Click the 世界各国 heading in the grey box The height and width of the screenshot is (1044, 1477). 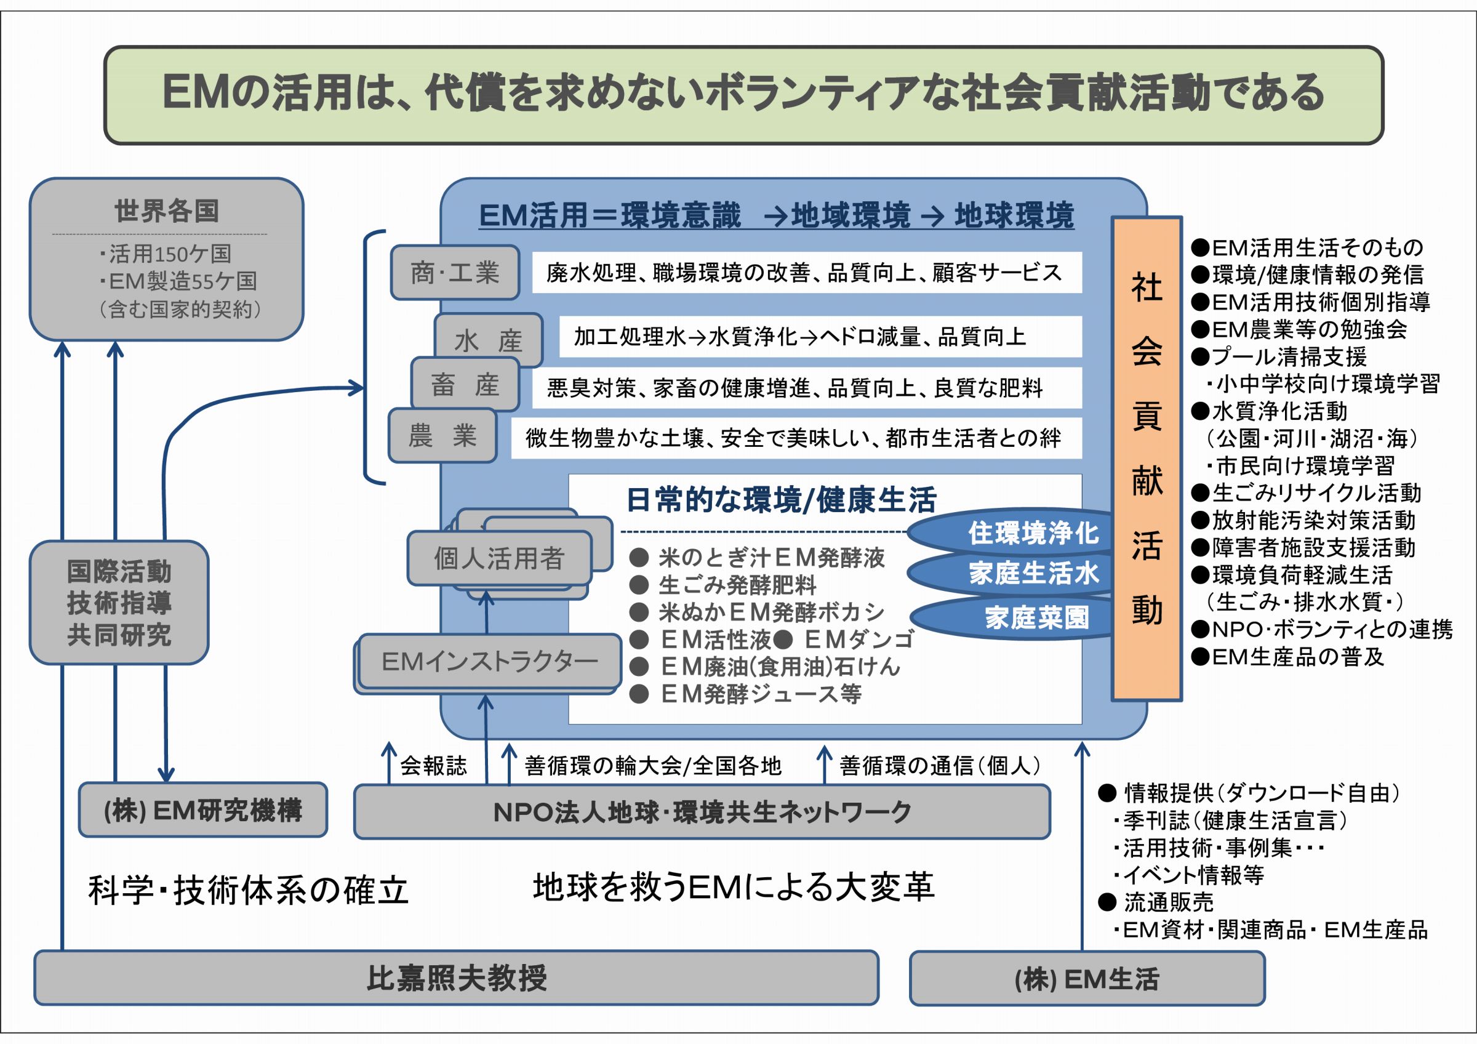[x=167, y=211]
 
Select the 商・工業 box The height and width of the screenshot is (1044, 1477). [x=455, y=273]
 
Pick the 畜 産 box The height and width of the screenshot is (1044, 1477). [x=465, y=385]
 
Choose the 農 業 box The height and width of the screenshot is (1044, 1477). [x=442, y=436]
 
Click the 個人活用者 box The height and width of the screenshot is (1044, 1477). [x=498, y=558]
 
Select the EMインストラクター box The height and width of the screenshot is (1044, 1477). [x=489, y=661]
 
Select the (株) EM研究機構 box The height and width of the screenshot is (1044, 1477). [x=202, y=810]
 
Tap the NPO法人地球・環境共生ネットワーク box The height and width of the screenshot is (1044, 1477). [x=702, y=813]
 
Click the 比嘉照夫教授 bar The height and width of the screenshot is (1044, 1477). [x=456, y=978]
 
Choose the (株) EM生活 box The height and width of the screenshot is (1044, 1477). [x=1087, y=978]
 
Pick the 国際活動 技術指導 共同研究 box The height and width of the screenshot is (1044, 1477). [x=119, y=603]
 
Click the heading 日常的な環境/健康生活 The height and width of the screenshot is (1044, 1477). [x=781, y=500]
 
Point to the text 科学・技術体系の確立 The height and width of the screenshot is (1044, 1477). [x=248, y=891]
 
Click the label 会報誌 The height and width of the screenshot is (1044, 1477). [x=433, y=766]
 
